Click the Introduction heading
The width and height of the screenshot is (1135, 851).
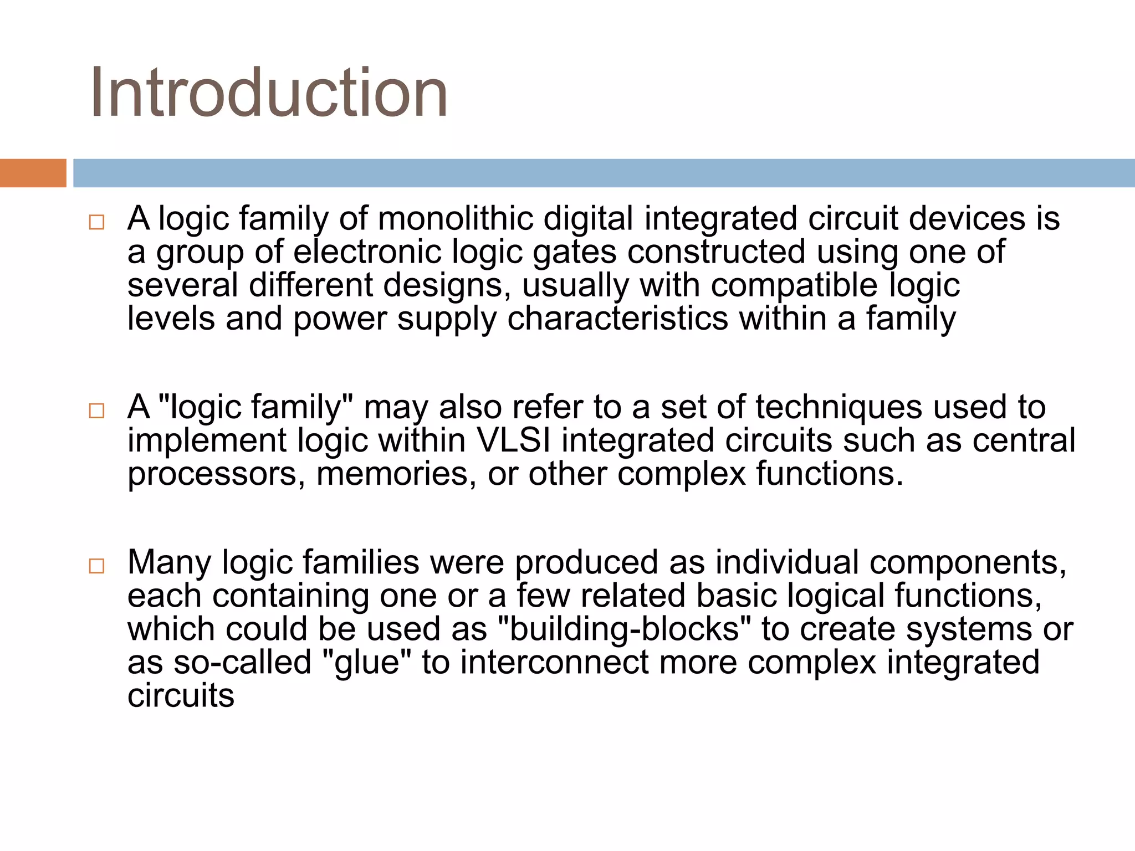point(269,93)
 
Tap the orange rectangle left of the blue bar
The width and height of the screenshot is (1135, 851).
point(33,173)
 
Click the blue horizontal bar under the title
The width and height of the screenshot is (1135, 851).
point(603,173)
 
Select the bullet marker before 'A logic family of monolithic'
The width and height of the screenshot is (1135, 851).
point(96,223)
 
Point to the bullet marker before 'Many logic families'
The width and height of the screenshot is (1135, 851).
point(96,566)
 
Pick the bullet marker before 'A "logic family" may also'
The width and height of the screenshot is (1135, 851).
point(96,411)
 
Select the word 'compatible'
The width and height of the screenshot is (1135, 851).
point(794,285)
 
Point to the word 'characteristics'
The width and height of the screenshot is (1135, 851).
point(617,319)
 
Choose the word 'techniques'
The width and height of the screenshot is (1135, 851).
point(839,407)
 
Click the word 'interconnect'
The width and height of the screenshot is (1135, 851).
point(554,663)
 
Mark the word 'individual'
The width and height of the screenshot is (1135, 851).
point(787,562)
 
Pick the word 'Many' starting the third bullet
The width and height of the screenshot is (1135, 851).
point(169,562)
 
